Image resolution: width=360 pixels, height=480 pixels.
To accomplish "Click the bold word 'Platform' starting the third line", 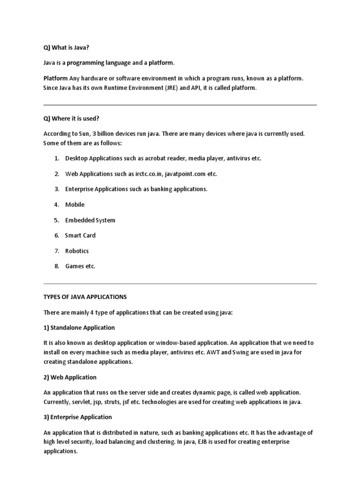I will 55,78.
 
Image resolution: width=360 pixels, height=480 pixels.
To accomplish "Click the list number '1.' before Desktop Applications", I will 57,158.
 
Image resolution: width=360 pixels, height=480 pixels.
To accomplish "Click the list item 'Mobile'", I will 75,205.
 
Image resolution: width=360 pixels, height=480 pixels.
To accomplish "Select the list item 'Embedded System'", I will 90,220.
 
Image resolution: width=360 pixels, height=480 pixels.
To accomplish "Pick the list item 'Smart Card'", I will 80,235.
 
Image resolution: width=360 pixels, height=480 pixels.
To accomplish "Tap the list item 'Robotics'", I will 77,251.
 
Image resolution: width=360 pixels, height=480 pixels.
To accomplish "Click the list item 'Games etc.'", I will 80,266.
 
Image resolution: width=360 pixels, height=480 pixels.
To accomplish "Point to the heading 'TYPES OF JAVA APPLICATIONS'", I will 85,297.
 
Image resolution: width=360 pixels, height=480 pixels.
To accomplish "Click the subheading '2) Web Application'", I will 70,377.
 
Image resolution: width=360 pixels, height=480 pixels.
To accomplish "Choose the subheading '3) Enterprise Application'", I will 78,417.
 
